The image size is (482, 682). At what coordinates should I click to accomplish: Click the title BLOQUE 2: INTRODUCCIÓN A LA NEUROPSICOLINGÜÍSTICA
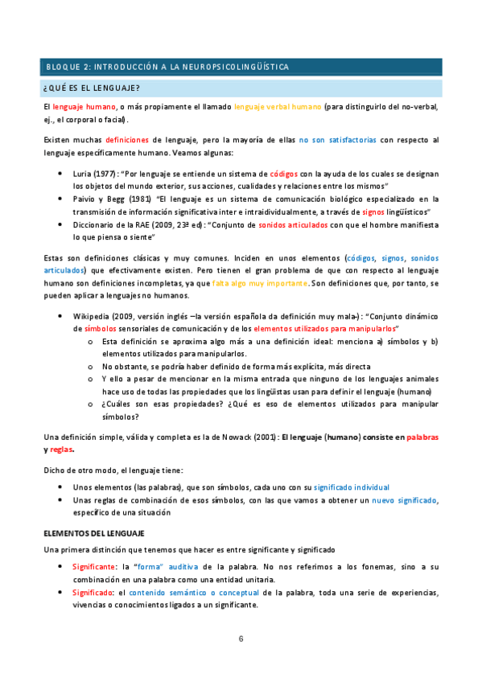[x=167, y=67]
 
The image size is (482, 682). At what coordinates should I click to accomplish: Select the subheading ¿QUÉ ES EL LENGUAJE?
[x=91, y=88]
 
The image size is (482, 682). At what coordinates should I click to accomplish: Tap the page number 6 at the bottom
[x=241, y=639]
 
